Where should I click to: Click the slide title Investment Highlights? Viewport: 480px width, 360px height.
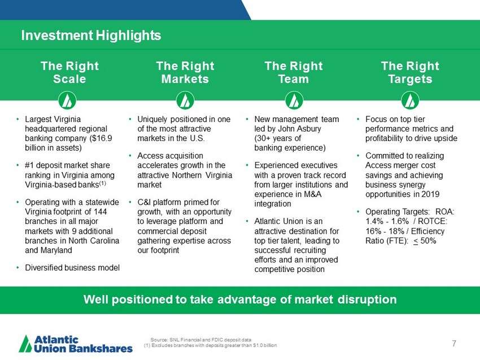91,35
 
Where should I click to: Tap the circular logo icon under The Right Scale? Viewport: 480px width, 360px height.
67,100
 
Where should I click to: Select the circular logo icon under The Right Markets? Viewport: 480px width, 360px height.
185,100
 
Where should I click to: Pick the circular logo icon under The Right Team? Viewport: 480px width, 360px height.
294,100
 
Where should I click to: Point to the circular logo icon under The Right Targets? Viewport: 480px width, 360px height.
410,100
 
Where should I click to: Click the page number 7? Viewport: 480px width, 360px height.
454,344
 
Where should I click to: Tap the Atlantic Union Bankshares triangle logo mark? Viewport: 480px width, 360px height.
25,344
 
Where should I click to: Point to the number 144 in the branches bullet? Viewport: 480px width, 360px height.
100,212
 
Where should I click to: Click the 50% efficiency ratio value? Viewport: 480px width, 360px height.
428,241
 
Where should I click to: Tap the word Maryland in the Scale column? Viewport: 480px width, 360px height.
58,250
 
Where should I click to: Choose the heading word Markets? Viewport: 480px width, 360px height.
185,79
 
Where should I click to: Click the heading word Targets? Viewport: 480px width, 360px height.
410,79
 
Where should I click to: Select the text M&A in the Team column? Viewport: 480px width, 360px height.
312,194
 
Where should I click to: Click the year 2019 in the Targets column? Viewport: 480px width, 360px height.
430,194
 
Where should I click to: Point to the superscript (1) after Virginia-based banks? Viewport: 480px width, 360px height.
102,183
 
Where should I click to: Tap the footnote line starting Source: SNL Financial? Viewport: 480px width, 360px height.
201,340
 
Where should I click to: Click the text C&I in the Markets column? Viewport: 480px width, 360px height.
143,202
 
